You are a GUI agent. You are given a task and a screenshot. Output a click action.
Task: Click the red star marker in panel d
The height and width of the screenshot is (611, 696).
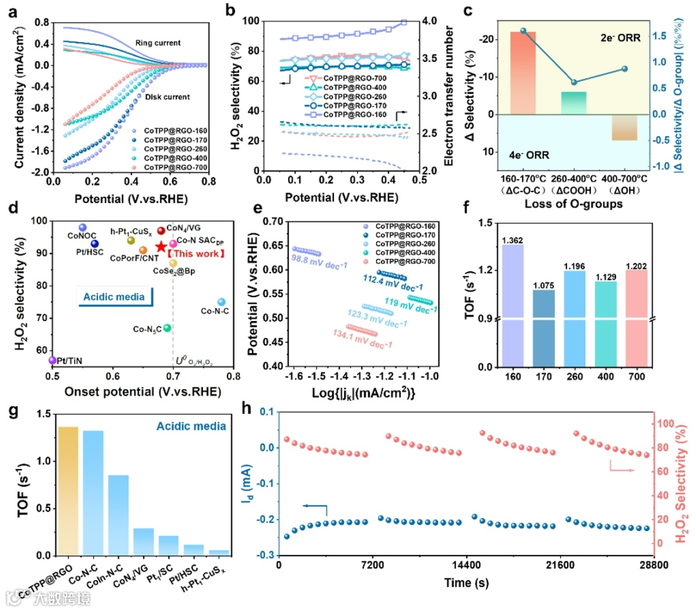coord(161,247)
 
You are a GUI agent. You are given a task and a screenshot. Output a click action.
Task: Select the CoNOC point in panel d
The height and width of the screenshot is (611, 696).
coord(82,228)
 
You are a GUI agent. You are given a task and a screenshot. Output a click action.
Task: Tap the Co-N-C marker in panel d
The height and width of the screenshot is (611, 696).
coord(221,302)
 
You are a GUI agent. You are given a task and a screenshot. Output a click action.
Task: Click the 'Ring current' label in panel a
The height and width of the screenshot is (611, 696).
coord(157,43)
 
